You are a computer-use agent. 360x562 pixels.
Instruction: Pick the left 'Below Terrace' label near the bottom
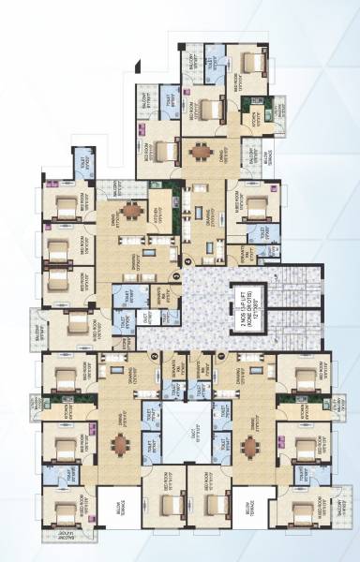[x=117, y=510]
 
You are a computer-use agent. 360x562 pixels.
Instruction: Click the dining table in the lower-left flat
[x=120, y=446]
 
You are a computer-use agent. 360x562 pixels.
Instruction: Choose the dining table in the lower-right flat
[x=250, y=446]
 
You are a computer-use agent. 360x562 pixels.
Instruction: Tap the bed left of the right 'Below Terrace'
[x=207, y=507]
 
